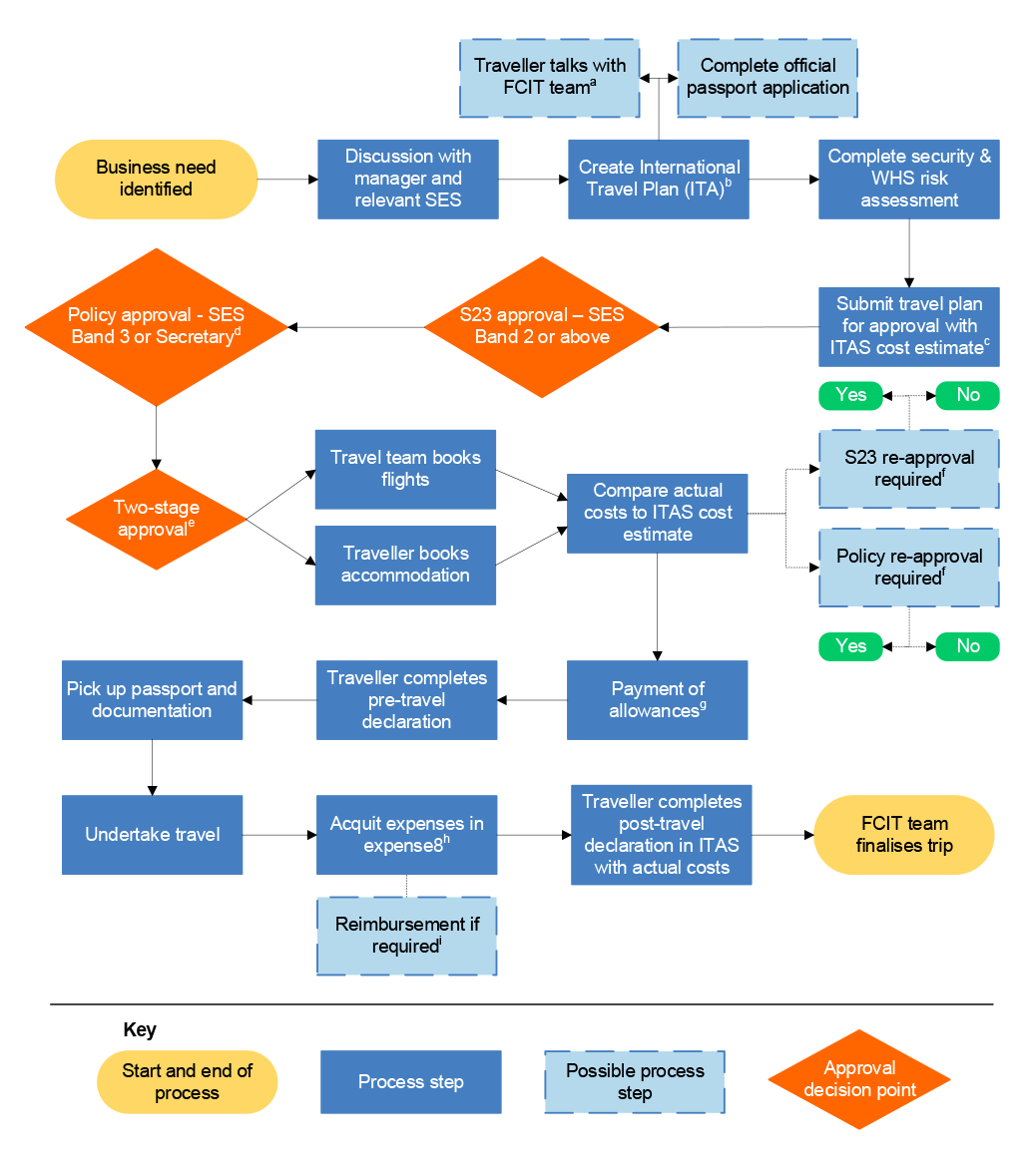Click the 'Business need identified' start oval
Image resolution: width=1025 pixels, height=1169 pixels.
[x=157, y=180]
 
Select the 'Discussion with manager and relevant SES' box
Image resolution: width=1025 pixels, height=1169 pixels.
[x=407, y=180]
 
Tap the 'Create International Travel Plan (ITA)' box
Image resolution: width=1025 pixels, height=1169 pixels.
[x=658, y=180]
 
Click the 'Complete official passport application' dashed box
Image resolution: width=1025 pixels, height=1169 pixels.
[x=768, y=78]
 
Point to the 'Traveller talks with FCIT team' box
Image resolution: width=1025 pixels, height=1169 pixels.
[x=549, y=78]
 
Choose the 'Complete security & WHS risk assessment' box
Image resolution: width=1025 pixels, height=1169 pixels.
[x=908, y=180]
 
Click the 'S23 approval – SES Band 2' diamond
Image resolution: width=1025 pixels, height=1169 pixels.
[x=542, y=326]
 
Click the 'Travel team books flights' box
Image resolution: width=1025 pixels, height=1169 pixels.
[x=405, y=469]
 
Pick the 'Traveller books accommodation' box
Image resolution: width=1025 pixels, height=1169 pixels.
[x=405, y=565]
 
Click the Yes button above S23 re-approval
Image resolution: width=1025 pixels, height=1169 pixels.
[x=850, y=395]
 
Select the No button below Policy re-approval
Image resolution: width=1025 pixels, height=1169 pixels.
[x=967, y=646]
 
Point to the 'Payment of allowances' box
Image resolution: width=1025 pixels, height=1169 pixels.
[x=657, y=700]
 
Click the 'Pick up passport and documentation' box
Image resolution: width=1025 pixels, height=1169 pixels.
[x=152, y=700]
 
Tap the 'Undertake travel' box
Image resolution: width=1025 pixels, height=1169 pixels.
[x=152, y=835]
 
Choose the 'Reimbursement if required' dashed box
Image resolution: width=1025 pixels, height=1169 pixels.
[x=406, y=936]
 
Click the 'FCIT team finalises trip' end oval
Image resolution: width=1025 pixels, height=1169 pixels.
[x=904, y=835]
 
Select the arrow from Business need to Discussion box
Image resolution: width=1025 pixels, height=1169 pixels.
[x=286, y=180]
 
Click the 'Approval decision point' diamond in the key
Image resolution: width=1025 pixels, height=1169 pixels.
[x=858, y=1079]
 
